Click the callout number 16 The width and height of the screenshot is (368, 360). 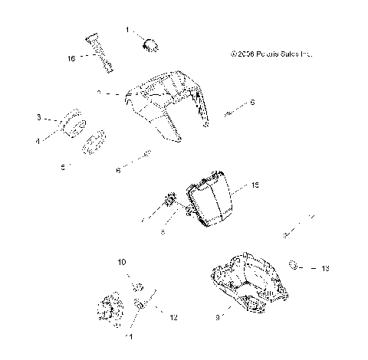pyautogui.click(x=71, y=57)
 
